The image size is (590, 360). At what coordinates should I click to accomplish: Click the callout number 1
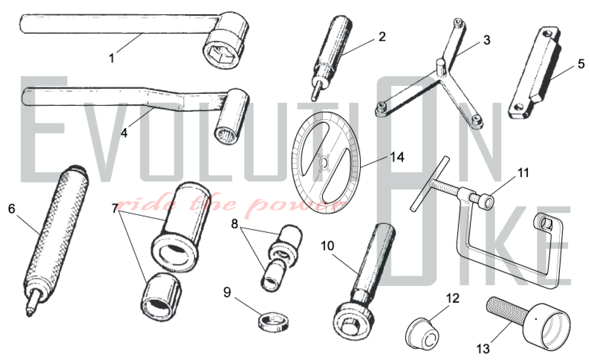point(112,58)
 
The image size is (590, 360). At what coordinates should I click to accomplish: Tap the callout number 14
point(397,157)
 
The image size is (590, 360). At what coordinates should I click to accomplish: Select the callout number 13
point(483,349)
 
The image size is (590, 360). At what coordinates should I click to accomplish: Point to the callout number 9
point(227,292)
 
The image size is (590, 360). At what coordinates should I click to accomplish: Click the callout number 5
point(581,64)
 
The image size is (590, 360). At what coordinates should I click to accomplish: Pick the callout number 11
point(523,173)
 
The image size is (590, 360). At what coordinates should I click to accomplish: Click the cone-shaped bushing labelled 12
point(422,333)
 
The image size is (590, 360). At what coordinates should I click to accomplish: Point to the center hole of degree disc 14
point(324,163)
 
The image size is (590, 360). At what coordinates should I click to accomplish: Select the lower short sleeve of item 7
point(161,297)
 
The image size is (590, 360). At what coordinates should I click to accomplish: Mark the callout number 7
point(115,209)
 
